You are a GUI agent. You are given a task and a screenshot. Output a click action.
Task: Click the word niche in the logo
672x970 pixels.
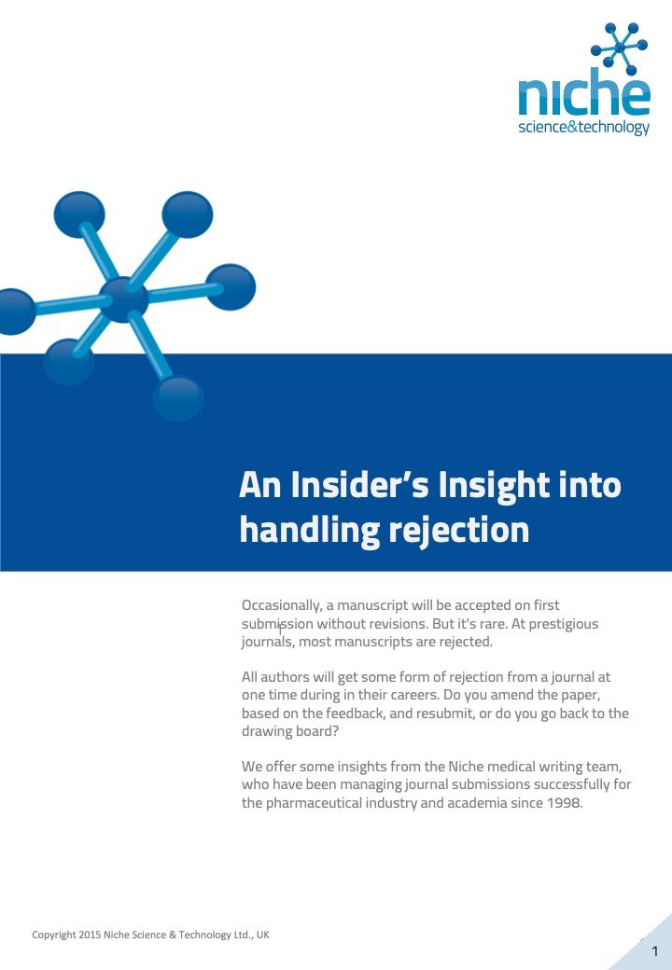coord(584,92)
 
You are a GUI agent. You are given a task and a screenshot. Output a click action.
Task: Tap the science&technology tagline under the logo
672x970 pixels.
coord(584,128)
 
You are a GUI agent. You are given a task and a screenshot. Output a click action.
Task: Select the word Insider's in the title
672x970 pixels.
coord(359,484)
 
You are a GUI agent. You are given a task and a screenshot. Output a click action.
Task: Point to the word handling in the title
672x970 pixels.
coord(309,530)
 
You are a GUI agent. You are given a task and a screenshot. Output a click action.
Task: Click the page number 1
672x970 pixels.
coord(655,950)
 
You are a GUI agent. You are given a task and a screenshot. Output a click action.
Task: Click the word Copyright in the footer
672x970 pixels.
coord(54,935)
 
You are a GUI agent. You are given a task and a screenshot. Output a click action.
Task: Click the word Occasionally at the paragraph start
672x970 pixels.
coord(282,605)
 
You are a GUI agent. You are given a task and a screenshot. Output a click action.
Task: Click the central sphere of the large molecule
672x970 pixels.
coord(124,299)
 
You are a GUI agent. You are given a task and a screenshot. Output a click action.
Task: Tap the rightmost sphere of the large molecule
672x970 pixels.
coord(231,287)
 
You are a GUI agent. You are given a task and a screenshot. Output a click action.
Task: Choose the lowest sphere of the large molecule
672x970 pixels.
coord(178,399)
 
